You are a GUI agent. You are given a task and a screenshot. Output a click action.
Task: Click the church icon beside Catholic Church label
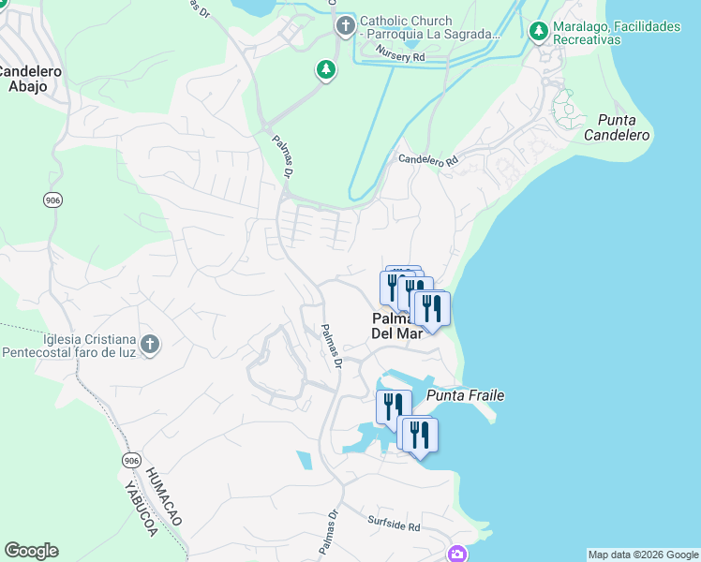[x=345, y=26]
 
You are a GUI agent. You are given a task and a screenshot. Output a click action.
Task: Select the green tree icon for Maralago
[x=538, y=33]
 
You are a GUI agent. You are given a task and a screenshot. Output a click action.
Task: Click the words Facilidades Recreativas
[x=588, y=40]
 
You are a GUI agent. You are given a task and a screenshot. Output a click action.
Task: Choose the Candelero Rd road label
[x=428, y=160]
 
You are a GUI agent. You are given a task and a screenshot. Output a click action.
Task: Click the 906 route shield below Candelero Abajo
[x=53, y=200]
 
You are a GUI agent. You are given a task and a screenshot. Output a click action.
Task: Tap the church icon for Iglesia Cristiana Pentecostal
[x=150, y=345]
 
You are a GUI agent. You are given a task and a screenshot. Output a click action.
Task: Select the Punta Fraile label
[x=466, y=395]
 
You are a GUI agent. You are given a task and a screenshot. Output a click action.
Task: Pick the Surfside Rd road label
[x=394, y=525]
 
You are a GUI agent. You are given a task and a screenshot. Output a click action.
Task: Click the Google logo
[x=31, y=551]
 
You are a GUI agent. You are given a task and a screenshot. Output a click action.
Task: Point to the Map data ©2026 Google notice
[x=642, y=555]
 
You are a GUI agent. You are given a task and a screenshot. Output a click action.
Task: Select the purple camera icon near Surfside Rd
[x=456, y=554]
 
